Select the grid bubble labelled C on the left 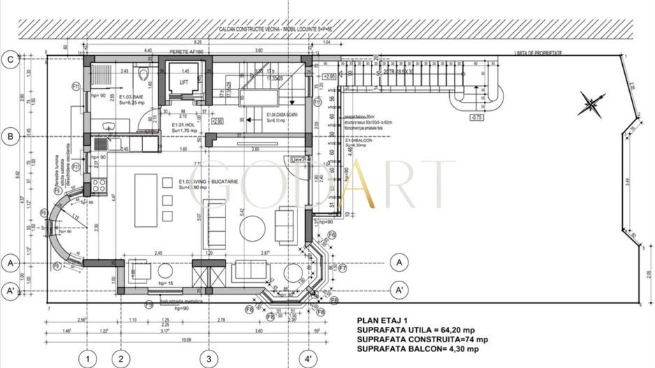tap(10, 60)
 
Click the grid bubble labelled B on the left tap(10, 137)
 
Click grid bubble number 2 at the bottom tap(120, 359)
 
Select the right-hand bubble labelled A tap(399, 263)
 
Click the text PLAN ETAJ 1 tap(382, 322)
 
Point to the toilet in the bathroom tap(142, 74)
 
